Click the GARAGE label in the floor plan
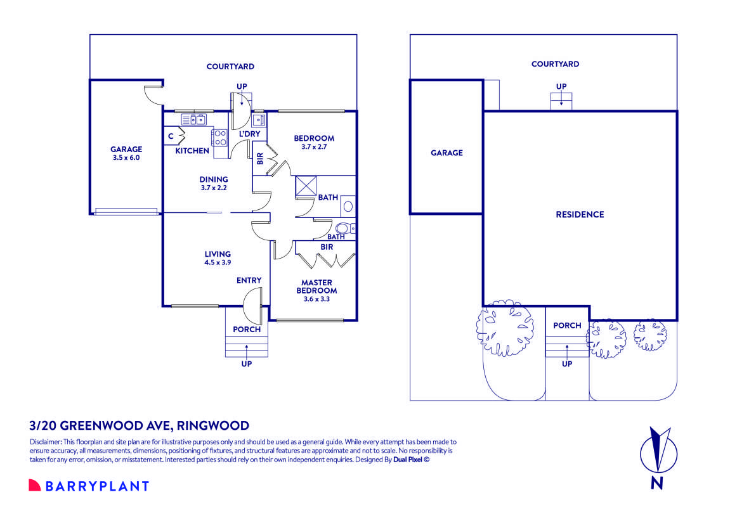pos(126,150)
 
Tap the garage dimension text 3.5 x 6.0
pos(126,158)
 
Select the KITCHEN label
pos(192,151)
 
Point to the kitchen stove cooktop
pos(220,138)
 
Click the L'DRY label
pos(249,134)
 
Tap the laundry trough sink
pos(257,120)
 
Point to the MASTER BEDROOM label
pos(317,287)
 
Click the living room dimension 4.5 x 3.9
pos(218,262)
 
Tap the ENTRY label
pos(249,280)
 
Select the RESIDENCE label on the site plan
pos(580,214)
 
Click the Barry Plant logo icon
pos(34,486)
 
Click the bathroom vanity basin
pos(347,205)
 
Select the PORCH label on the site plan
pos(567,325)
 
